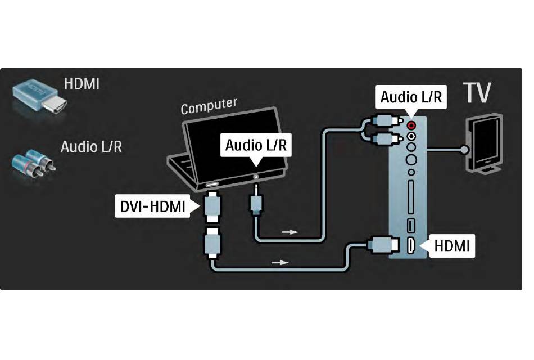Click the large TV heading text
[477, 92]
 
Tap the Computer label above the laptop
[209, 106]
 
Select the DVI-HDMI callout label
[152, 206]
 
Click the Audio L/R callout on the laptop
[256, 145]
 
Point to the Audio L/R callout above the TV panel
[411, 97]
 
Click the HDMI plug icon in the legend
[39, 97]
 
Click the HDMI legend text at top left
[82, 84]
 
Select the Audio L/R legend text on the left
[91, 147]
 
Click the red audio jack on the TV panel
[411, 125]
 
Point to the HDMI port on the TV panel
[411, 245]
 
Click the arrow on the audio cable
[290, 232]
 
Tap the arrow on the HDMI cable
[280, 263]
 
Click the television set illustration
[484, 143]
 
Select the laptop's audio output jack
[255, 177]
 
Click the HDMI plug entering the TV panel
[383, 245]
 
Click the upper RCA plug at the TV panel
[386, 120]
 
